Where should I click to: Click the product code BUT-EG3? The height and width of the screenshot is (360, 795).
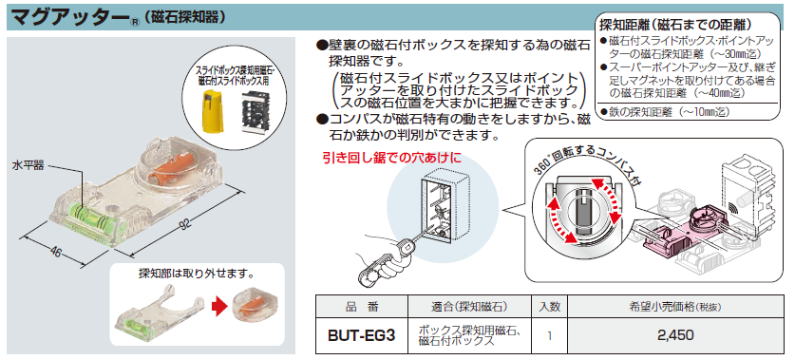(x=361, y=335)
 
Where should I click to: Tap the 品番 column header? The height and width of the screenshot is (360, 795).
(x=362, y=306)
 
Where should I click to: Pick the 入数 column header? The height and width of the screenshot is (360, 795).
(x=549, y=306)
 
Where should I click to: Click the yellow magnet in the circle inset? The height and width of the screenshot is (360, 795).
(x=212, y=110)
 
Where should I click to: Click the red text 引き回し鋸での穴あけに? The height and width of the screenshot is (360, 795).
(x=392, y=159)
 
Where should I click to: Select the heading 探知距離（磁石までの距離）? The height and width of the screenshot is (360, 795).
(x=674, y=25)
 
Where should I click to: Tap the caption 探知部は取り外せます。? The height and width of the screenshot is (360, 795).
(x=197, y=274)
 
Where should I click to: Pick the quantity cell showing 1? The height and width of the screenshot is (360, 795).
(x=549, y=335)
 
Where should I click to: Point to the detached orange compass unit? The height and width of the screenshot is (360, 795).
(x=251, y=309)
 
